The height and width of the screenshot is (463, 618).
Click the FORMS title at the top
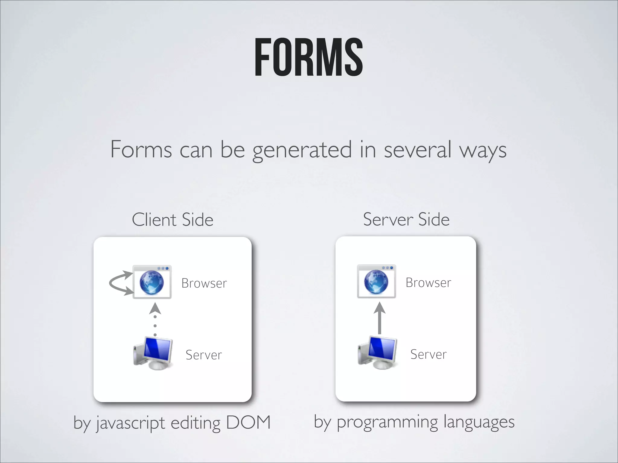(308, 57)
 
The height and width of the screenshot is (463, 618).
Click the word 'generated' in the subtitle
(302, 150)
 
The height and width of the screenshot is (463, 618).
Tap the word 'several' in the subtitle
(417, 150)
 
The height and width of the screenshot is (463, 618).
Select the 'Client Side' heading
(173, 219)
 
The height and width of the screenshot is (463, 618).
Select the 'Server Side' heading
(406, 219)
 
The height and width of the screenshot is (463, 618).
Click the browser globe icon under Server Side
(376, 282)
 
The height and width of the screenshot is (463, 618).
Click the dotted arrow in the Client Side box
(155, 320)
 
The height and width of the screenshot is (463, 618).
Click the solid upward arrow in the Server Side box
(380, 318)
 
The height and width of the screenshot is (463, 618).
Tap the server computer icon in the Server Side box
(377, 353)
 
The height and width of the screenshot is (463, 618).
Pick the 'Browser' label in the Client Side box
(204, 283)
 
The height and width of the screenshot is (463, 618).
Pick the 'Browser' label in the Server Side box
(428, 283)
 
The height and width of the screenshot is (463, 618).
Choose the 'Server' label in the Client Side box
(204, 355)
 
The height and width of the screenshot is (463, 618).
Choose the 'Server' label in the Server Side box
(428, 354)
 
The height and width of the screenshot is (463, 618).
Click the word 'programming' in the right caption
(387, 422)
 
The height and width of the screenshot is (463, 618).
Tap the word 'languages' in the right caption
(479, 422)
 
